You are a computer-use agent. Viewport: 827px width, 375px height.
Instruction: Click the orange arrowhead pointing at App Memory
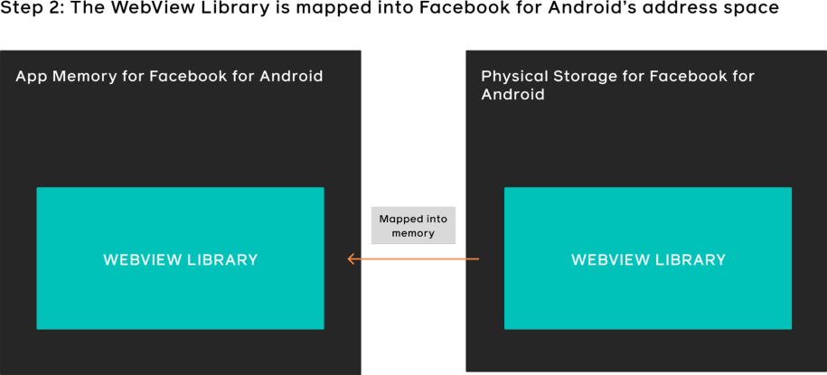(351, 260)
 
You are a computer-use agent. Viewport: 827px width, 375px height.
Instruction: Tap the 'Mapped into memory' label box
(413, 225)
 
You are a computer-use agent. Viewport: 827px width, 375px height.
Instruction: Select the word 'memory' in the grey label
(413, 233)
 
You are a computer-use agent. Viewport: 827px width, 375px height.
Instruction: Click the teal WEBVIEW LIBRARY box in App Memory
(180, 258)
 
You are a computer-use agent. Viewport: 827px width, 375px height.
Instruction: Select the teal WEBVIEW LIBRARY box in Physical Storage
(648, 258)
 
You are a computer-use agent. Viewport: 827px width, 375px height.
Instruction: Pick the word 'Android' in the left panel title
(291, 76)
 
